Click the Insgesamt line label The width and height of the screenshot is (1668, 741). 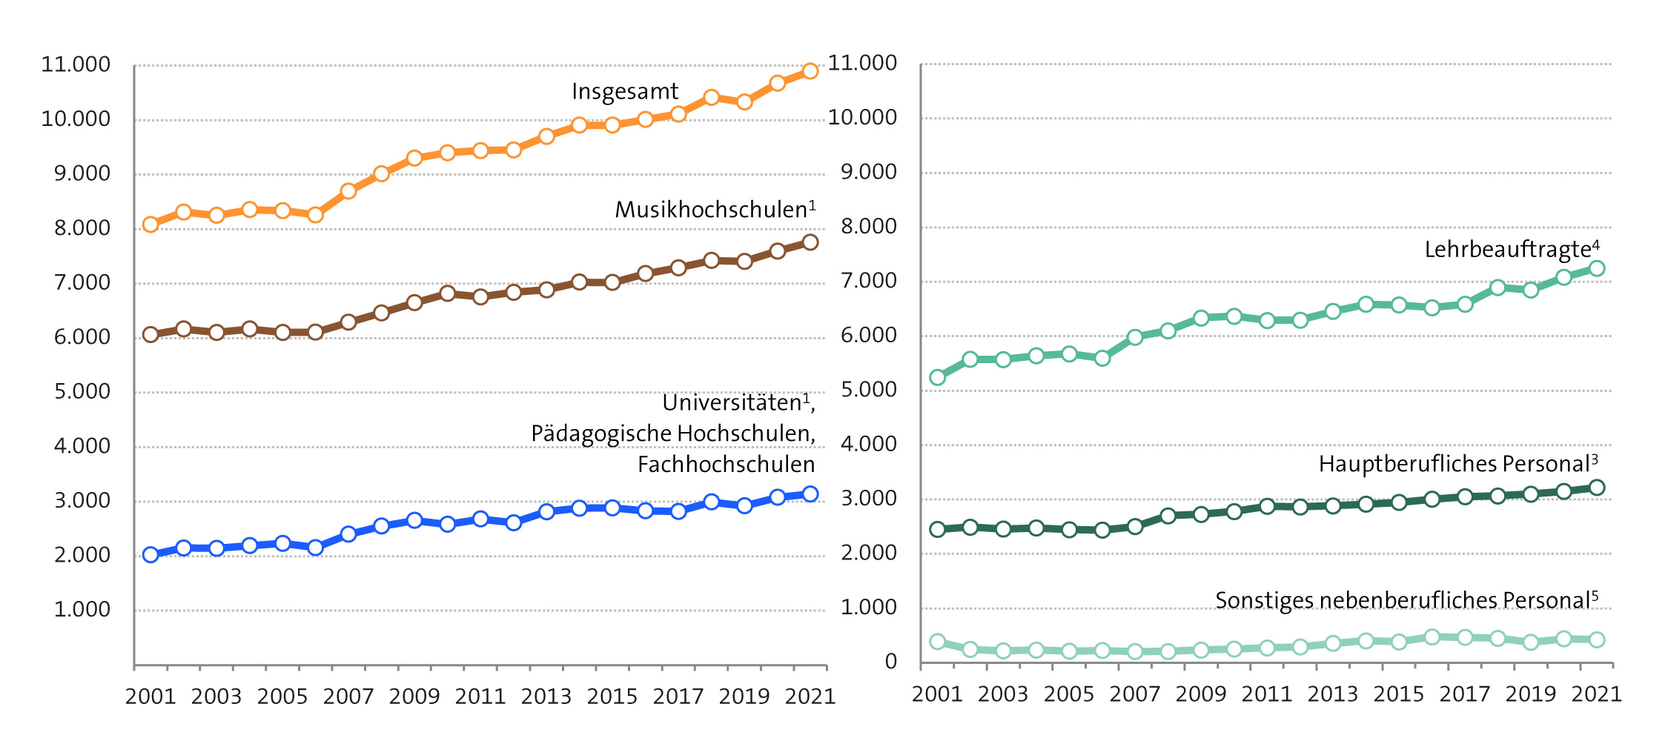[x=624, y=91]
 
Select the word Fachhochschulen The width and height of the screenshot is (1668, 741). [x=726, y=465]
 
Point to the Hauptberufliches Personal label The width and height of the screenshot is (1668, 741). [x=1457, y=465]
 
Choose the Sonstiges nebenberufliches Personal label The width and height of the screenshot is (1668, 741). [x=1406, y=600]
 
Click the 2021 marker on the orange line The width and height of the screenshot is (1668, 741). [x=810, y=71]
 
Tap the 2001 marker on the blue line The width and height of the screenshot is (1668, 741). [x=150, y=554]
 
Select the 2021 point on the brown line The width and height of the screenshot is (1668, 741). [x=810, y=242]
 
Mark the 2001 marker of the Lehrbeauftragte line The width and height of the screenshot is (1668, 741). [x=937, y=377]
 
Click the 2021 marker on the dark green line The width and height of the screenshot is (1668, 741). [x=1597, y=488]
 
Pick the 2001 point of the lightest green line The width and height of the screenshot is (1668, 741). [x=937, y=642]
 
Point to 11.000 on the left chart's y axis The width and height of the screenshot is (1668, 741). [x=75, y=65]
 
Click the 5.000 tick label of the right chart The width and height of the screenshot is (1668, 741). [x=868, y=390]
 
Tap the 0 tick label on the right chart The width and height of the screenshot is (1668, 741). [x=890, y=662]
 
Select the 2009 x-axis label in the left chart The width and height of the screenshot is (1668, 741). [x=414, y=697]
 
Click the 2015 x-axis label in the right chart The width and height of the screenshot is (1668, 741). [x=1398, y=694]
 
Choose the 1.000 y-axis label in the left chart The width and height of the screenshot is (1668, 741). [x=82, y=610]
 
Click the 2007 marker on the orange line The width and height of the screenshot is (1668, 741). [x=348, y=191]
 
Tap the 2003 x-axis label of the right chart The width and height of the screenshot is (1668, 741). [x=1002, y=694]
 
